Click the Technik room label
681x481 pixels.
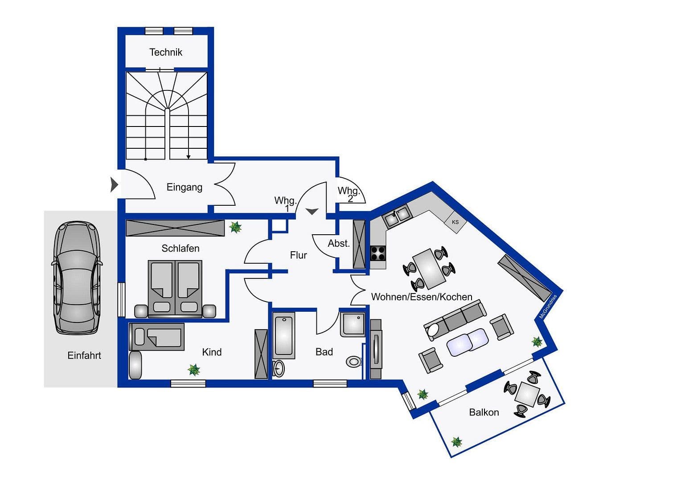click(x=166, y=52)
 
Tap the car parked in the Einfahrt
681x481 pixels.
click(x=77, y=277)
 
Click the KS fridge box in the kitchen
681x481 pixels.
click(x=455, y=222)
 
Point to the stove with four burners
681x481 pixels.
click(x=378, y=253)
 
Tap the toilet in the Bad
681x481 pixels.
click(x=354, y=361)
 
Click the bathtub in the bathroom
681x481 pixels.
click(x=284, y=335)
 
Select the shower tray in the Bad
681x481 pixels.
click(x=353, y=325)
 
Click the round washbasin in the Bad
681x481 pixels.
click(x=279, y=368)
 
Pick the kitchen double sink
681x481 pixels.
click(x=396, y=216)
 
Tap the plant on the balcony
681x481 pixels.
click(x=456, y=442)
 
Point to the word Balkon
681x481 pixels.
click(x=484, y=412)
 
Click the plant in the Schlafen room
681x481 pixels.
click(x=235, y=228)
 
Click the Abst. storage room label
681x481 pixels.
click(x=339, y=244)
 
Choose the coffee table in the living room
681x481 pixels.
click(x=468, y=342)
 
